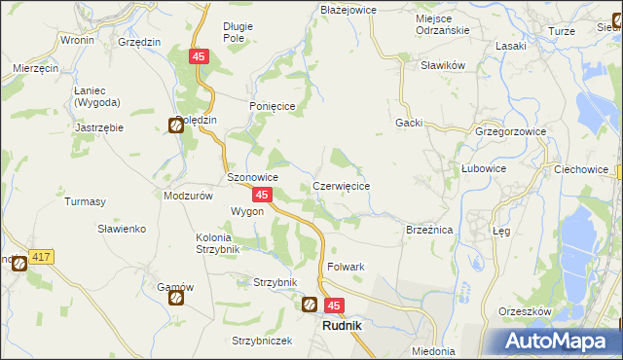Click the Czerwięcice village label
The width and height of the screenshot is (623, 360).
tap(340, 185)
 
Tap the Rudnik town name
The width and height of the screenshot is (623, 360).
tap(342, 326)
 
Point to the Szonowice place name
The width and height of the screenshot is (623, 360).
tap(253, 178)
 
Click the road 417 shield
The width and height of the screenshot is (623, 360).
tap(41, 257)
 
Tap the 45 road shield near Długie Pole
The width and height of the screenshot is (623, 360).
tap(199, 57)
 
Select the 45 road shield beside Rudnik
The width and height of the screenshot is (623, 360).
tap(334, 306)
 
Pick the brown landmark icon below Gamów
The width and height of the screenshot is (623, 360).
tap(176, 298)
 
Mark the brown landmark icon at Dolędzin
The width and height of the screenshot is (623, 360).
tap(176, 125)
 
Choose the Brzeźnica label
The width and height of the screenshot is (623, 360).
tap(429, 230)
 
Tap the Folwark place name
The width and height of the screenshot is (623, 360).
tap(346, 267)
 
